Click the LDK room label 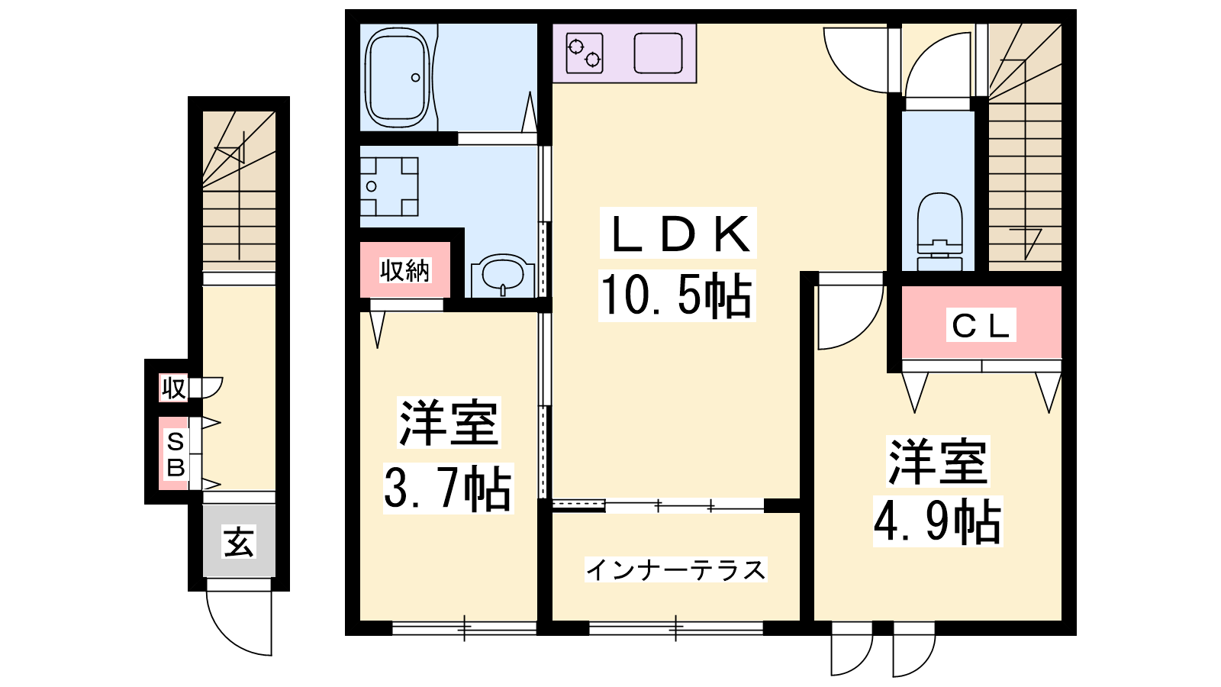(678, 234)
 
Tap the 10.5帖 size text (676, 295)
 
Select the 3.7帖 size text (448, 488)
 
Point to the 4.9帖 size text (938, 521)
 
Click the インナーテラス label (676, 569)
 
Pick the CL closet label (981, 325)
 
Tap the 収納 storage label (405, 270)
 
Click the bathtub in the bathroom (398, 77)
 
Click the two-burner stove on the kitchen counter (584, 53)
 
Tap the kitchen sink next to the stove (659, 53)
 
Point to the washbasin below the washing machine (503, 275)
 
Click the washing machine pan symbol (389, 186)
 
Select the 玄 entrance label (239, 541)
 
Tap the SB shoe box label (175, 454)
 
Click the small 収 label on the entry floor (174, 389)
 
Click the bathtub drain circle (415, 77)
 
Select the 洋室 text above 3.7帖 (449, 423)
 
